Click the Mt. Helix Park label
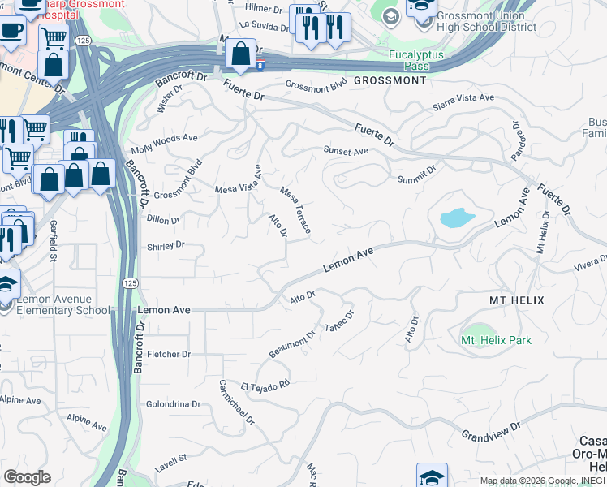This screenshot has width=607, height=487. (x=496, y=340)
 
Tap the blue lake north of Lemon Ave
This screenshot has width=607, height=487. (x=456, y=218)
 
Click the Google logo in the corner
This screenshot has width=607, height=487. (x=26, y=477)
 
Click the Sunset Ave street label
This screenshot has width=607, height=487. (x=346, y=151)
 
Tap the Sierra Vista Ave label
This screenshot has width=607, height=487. (x=463, y=97)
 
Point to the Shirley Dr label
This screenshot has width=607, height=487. (x=166, y=245)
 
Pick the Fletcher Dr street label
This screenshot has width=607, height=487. (x=169, y=354)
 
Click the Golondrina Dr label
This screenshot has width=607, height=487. (x=173, y=403)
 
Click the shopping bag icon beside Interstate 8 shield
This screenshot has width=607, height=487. (x=240, y=54)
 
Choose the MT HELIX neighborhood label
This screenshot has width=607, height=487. (x=516, y=300)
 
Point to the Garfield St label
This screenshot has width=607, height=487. (x=52, y=241)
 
